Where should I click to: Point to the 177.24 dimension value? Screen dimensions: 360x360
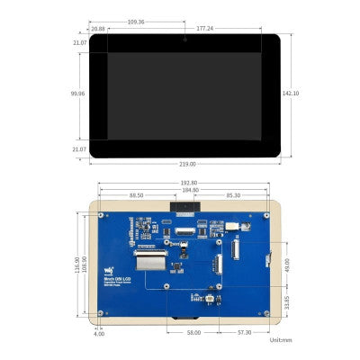click(229, 28)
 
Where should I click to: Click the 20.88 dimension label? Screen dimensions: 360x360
click(97, 28)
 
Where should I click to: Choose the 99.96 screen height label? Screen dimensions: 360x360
click(78, 93)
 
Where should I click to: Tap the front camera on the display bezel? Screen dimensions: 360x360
click(184, 40)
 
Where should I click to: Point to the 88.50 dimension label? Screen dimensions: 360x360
click(137, 196)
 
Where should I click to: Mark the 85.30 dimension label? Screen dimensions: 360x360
click(232, 196)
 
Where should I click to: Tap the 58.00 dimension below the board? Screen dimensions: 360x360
click(193, 332)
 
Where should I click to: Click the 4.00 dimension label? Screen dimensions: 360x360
click(98, 333)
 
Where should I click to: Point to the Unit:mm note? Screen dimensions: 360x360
click(281, 340)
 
